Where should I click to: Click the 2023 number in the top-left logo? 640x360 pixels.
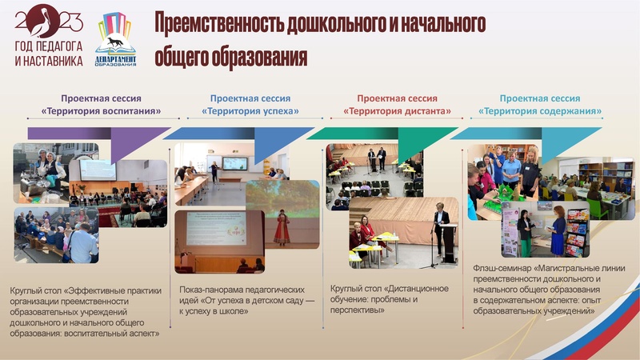coord(49,20)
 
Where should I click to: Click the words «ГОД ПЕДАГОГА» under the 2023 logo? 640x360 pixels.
coord(49,47)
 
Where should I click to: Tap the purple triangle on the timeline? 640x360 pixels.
coord(128,144)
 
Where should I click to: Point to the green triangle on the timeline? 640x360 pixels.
coord(416,144)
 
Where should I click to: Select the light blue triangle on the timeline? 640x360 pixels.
coord(560,144)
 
